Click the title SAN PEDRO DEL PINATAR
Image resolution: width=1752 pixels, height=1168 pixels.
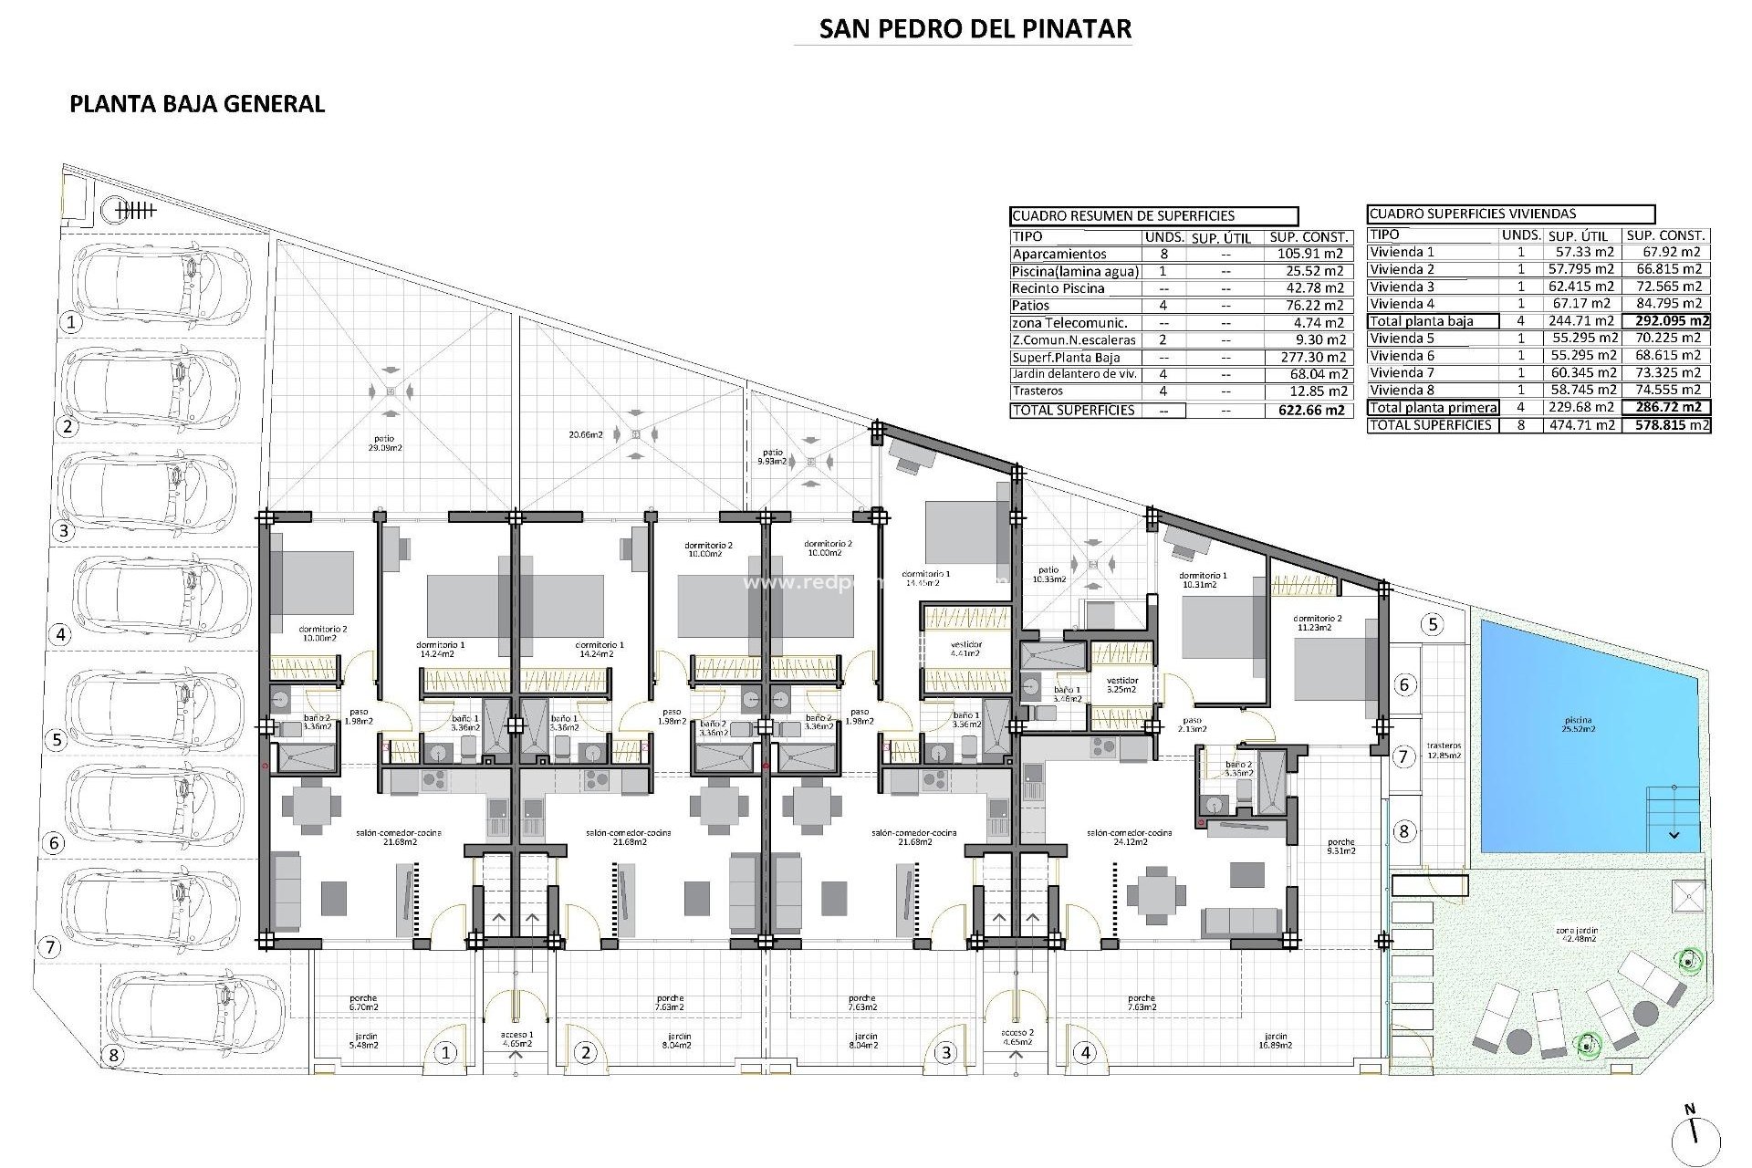click(x=975, y=29)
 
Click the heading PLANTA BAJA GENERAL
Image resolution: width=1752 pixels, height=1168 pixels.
click(x=197, y=104)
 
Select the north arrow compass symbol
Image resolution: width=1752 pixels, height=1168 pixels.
click(x=1695, y=1137)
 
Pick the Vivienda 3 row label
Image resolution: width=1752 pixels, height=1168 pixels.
click(x=1402, y=287)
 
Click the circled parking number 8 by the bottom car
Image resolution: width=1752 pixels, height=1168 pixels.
click(x=113, y=1056)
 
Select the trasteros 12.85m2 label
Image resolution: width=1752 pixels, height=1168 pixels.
click(x=1444, y=750)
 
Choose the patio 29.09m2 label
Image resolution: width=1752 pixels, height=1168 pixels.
click(x=383, y=443)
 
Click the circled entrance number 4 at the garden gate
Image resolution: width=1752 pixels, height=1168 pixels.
click(x=1085, y=1053)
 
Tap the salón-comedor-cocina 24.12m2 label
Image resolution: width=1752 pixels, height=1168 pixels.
click(x=1129, y=837)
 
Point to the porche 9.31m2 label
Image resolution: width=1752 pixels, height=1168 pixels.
click(x=1341, y=846)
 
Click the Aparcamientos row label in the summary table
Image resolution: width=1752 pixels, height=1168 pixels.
click(x=1058, y=255)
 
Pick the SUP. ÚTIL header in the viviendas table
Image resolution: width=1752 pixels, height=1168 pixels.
click(x=1578, y=235)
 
